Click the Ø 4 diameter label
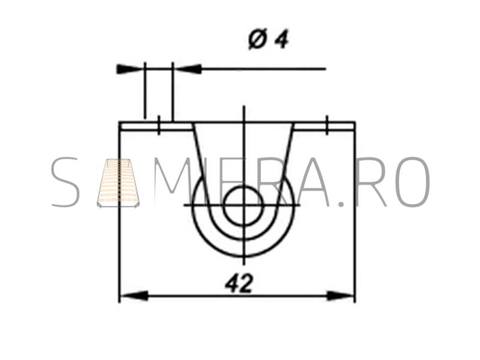click(x=268, y=39)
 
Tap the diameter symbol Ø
click(x=257, y=39)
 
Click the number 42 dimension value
click(x=239, y=283)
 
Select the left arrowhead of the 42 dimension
click(x=133, y=296)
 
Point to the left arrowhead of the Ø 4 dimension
click(x=130, y=69)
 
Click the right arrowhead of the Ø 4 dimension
click(x=187, y=69)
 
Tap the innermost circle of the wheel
click(x=244, y=205)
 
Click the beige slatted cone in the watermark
click(x=118, y=183)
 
